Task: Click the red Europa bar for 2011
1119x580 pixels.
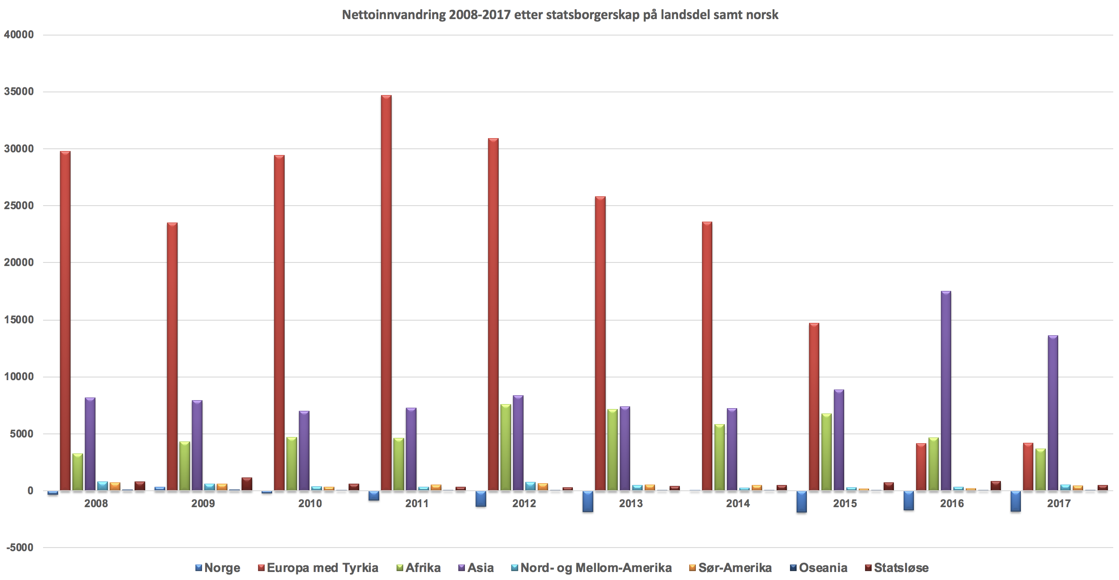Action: point(386,293)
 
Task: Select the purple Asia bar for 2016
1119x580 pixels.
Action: point(945,391)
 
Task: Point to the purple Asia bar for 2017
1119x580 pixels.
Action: point(1052,413)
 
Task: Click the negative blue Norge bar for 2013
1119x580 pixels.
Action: point(588,501)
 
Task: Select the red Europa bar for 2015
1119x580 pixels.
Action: point(814,407)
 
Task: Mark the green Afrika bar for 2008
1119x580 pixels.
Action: point(78,472)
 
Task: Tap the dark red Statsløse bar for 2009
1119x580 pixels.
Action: point(247,484)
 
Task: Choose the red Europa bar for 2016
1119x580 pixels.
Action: point(921,467)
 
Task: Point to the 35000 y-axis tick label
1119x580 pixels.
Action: point(19,91)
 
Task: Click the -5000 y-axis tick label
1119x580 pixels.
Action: point(20,548)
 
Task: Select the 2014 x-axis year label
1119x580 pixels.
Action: point(738,504)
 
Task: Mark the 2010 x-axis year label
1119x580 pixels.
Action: point(310,504)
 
